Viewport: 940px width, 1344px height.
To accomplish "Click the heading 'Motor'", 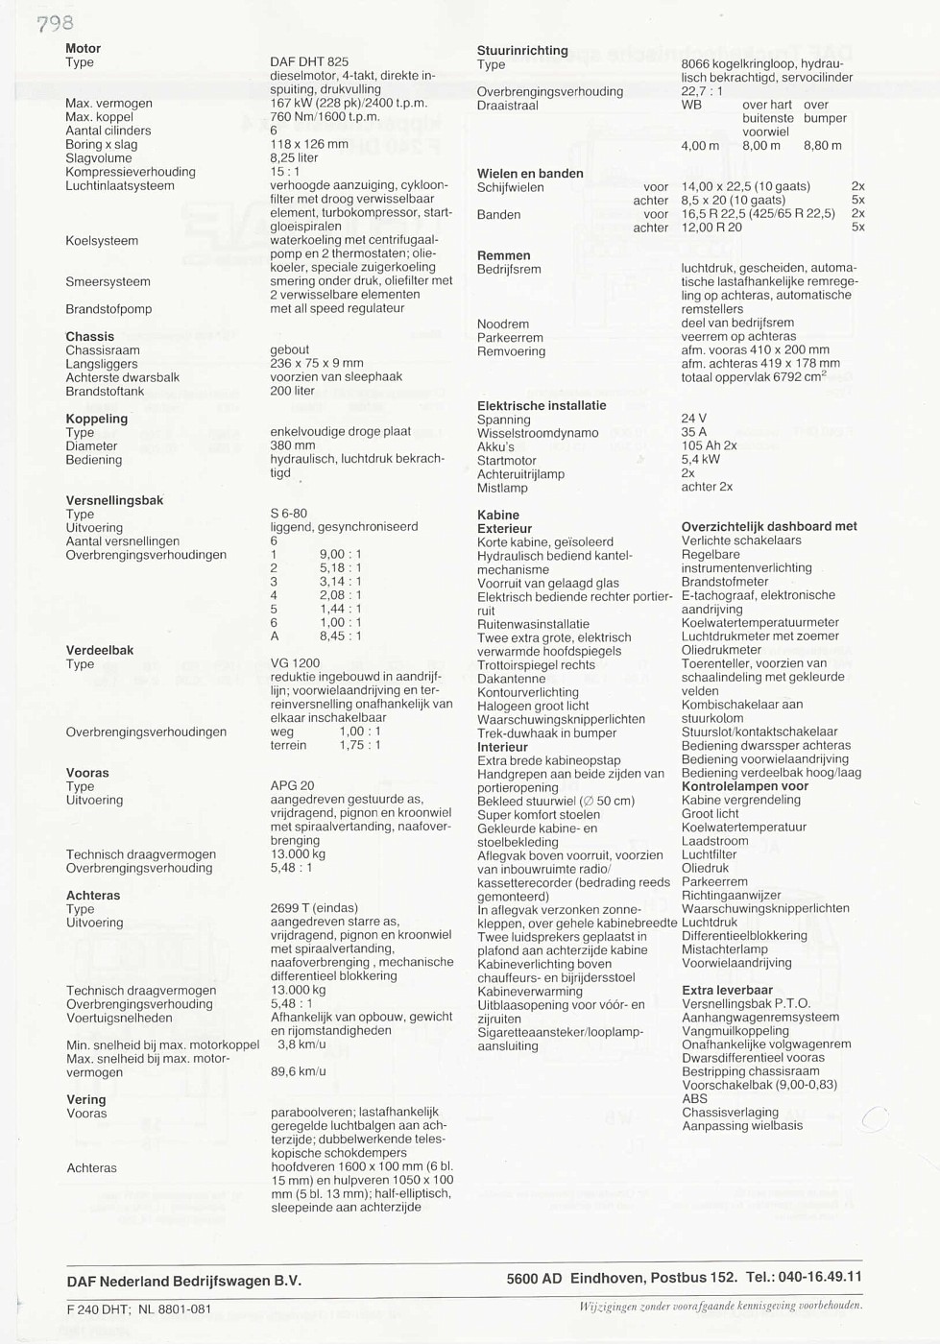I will point(83,48).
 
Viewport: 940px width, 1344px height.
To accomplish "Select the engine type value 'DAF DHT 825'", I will point(309,61).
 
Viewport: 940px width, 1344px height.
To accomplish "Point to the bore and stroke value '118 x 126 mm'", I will point(309,144).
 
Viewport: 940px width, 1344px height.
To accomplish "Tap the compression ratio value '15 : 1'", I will point(285,172).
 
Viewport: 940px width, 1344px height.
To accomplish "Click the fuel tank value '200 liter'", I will point(293,391).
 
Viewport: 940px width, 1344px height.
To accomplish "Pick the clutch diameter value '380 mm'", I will point(293,445).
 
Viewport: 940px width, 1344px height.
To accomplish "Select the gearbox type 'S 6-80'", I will point(289,514).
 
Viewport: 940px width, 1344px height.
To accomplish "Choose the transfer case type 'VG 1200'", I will point(295,663).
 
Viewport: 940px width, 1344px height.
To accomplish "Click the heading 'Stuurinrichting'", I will point(522,50).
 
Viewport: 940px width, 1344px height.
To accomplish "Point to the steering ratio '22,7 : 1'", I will point(702,91).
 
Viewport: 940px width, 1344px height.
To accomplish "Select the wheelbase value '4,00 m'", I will point(700,146).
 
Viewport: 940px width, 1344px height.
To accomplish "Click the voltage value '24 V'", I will point(694,419).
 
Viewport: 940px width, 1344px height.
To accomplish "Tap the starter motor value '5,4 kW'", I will point(701,460).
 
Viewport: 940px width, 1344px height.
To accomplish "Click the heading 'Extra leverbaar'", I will point(727,990).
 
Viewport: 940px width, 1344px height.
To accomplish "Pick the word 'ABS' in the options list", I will point(694,1098).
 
